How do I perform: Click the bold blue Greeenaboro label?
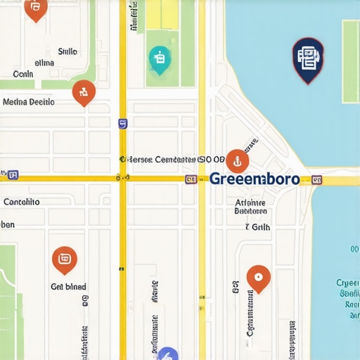click(254, 179)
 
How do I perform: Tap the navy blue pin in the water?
click(308, 59)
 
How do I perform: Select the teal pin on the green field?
click(160, 60)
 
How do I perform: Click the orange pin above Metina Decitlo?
click(84, 91)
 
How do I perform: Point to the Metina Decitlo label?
click(29, 102)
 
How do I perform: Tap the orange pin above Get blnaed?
click(65, 260)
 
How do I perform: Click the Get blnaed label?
click(68, 287)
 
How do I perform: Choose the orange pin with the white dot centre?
click(259, 278)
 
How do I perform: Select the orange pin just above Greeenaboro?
click(237, 161)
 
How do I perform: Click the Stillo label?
click(67, 51)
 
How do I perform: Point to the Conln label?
click(23, 73)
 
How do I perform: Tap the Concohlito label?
click(22, 202)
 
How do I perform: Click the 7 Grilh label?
click(257, 227)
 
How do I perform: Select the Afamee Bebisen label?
click(250, 205)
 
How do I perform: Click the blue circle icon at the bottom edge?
click(168, 354)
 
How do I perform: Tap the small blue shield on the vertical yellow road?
click(123, 124)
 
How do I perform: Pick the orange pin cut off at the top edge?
click(35, 8)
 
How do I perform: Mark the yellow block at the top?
click(162, 14)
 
